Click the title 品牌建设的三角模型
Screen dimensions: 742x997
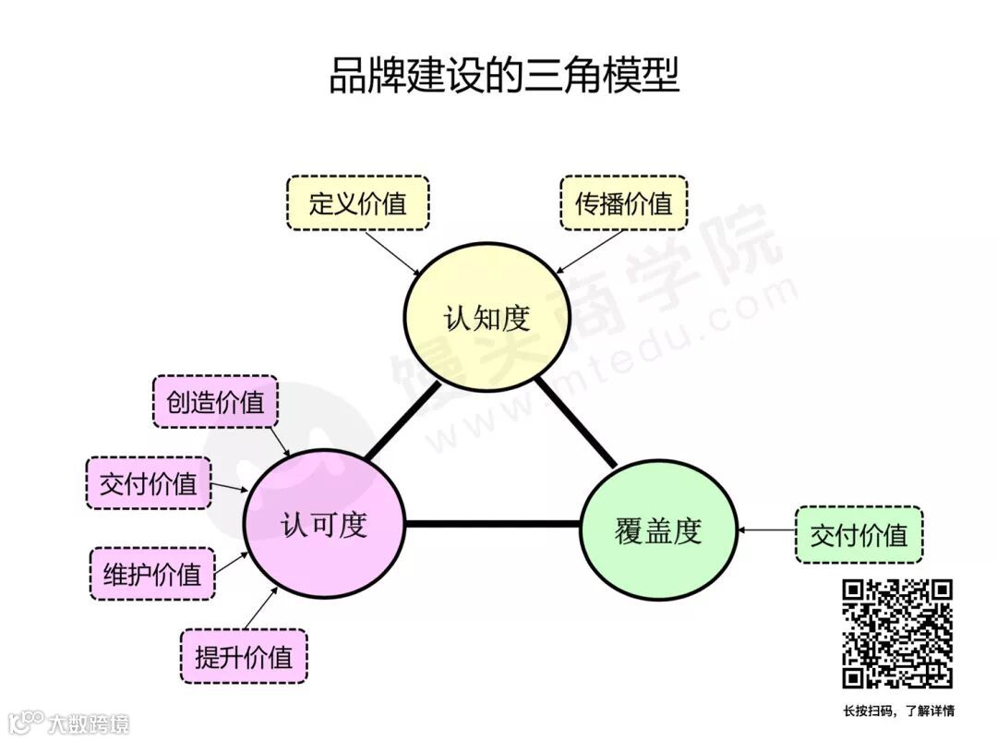503,77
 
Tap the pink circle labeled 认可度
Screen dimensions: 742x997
324,525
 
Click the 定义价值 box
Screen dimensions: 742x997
357,203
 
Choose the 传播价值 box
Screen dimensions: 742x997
624,203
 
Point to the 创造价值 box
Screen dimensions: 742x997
214,401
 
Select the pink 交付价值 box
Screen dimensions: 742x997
148,482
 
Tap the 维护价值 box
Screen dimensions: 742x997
151,574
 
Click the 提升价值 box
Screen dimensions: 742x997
244,656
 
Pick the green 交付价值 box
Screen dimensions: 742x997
859,534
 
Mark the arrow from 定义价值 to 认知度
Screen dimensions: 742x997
393,252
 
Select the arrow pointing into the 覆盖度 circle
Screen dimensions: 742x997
766,530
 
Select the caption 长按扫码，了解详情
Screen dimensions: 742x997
898,711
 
